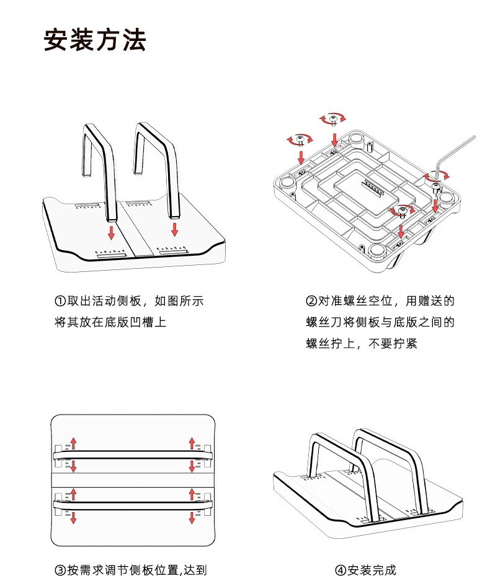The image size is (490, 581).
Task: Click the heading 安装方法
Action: (x=95, y=40)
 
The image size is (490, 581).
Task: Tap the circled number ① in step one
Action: (x=61, y=302)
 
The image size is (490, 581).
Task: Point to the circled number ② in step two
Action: (x=312, y=302)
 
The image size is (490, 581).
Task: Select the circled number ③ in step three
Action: (x=61, y=570)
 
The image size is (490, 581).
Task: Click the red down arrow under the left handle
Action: (x=111, y=233)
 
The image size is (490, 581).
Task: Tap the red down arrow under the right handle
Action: (x=175, y=229)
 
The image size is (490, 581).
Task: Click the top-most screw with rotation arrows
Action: (x=334, y=119)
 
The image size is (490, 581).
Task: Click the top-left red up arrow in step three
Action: (x=73, y=443)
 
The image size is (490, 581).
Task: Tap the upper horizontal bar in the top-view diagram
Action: (x=133, y=454)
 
